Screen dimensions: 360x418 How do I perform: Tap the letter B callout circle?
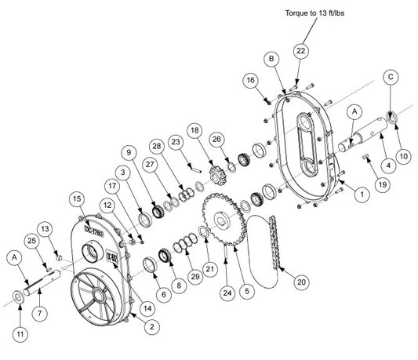[271, 59]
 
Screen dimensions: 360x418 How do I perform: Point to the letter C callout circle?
[390, 76]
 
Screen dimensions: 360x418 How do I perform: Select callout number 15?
[76, 200]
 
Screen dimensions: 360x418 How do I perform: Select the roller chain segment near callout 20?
[274, 243]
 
